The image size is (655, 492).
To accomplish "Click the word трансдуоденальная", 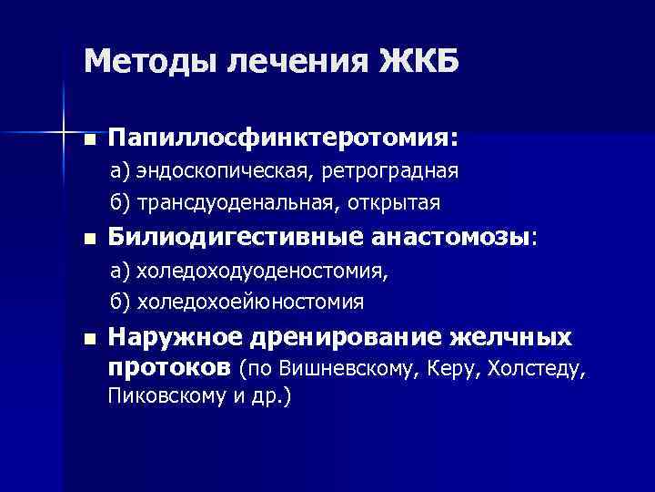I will [237, 201].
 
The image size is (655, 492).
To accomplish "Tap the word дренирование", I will [344, 338].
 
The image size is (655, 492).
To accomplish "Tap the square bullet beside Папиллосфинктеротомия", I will [88, 140].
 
